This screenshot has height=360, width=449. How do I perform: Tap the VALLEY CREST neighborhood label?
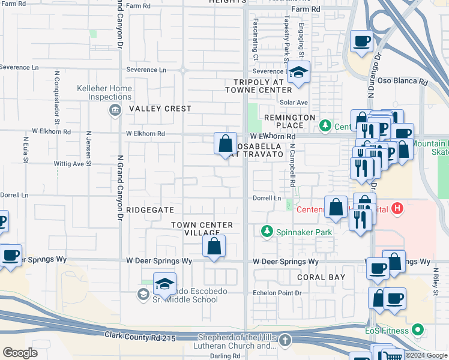(160, 109)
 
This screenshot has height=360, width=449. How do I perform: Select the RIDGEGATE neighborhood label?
(150, 210)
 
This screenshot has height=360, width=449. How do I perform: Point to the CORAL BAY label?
(321, 277)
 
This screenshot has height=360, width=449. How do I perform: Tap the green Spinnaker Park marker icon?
(267, 230)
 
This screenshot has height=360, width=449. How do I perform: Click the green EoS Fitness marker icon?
(419, 330)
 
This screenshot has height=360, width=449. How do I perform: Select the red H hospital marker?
(397, 209)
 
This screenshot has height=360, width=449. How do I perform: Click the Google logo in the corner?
(20, 353)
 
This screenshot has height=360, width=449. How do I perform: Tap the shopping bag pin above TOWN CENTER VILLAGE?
(214, 247)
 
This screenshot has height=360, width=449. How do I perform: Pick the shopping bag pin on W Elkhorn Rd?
(225, 144)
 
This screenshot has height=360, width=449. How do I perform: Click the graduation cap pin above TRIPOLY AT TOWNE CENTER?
(298, 73)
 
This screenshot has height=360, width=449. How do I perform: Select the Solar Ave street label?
(298, 103)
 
